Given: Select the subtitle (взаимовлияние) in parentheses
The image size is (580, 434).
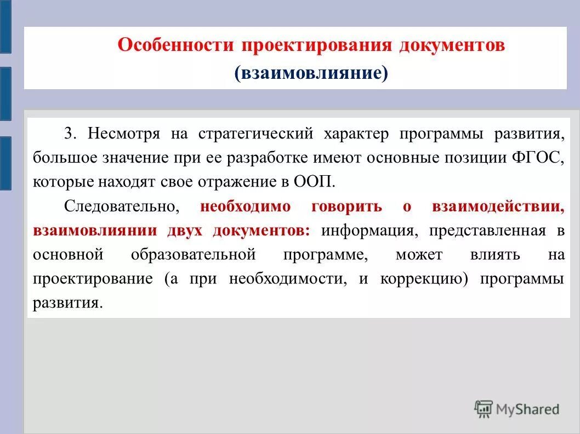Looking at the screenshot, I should [311, 73].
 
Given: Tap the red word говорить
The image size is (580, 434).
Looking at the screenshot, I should [346, 206].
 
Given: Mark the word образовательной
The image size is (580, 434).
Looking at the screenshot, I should [194, 254].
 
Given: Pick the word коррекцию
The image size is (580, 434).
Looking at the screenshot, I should [424, 279].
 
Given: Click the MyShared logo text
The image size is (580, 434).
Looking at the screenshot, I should [527, 409].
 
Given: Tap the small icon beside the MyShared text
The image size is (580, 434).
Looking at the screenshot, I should [483, 409].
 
